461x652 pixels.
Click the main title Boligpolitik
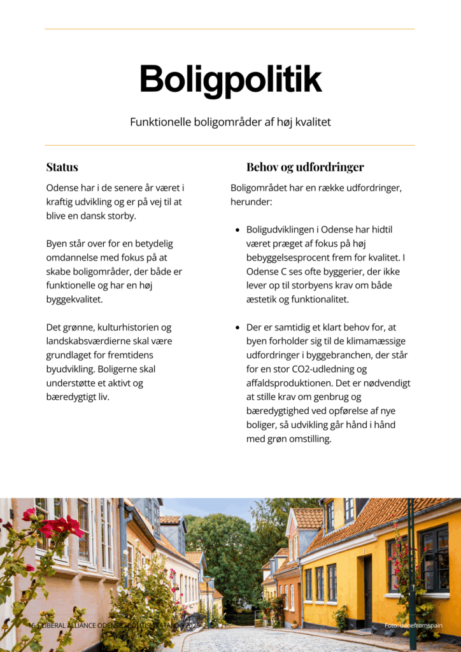click(x=230, y=80)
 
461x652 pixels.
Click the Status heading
click(x=62, y=167)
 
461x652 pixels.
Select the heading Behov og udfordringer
click(x=305, y=167)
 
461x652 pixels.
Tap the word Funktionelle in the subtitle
click(x=161, y=122)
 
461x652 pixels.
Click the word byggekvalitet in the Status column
click(x=74, y=299)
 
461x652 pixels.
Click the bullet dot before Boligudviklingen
click(x=238, y=230)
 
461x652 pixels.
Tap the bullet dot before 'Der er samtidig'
click(x=238, y=328)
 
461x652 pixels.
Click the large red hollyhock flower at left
click(x=61, y=527)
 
